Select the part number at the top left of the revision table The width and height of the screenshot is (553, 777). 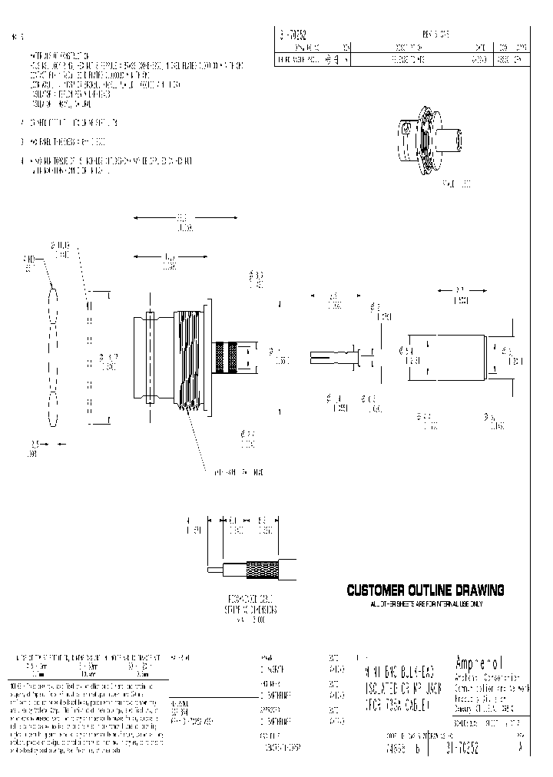pyautogui.click(x=293, y=34)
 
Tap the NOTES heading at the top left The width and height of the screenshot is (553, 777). pyautogui.click(x=19, y=36)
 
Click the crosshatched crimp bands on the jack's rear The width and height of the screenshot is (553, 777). pyautogui.click(x=227, y=358)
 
